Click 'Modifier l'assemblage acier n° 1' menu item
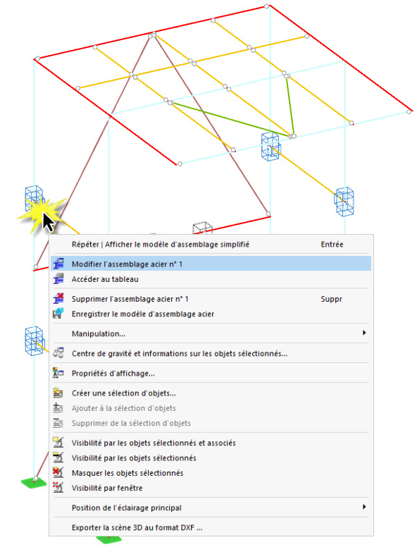(127, 264)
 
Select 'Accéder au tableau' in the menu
(105, 279)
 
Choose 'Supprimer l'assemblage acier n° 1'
(130, 299)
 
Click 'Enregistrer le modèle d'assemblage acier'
(143, 314)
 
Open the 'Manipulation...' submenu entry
(99, 334)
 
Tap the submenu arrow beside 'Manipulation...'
(364, 333)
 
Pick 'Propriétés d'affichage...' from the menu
(113, 374)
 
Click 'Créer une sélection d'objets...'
(124, 393)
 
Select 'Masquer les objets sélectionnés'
(127, 473)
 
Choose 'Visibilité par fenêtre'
(107, 488)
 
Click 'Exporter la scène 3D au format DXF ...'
(137, 528)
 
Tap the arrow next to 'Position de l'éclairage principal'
(364, 507)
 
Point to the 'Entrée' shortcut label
(332, 245)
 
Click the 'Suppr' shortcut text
(332, 300)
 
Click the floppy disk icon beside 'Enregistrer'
(58, 313)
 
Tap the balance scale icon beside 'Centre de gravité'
(58, 353)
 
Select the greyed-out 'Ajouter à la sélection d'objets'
(124, 408)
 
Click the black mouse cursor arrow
(48, 222)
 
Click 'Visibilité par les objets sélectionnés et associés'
(154, 443)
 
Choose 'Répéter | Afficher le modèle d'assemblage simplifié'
(161, 245)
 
